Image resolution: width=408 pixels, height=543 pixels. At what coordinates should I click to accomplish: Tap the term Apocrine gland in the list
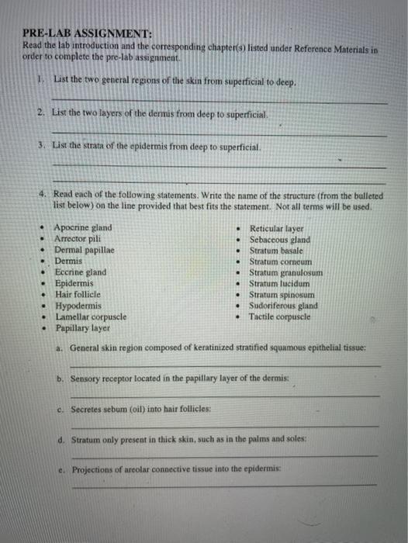pos(82,228)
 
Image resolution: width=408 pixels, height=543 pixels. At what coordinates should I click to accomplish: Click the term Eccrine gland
pos(80,273)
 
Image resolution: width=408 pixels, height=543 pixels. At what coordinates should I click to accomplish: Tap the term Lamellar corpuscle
pos(90,316)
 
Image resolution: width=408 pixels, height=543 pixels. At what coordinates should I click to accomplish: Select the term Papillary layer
pos(82,328)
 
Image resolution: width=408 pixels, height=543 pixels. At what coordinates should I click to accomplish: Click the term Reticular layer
pos(276,229)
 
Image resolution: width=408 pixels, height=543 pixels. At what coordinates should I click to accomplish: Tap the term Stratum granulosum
pos(285,273)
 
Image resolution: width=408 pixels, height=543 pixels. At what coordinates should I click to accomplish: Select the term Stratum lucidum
pos(279,284)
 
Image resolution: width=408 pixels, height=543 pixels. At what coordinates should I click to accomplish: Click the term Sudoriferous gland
pos(283,306)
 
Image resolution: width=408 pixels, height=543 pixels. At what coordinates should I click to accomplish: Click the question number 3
pos(40,146)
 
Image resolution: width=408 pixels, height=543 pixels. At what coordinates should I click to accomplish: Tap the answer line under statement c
pos(225,425)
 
